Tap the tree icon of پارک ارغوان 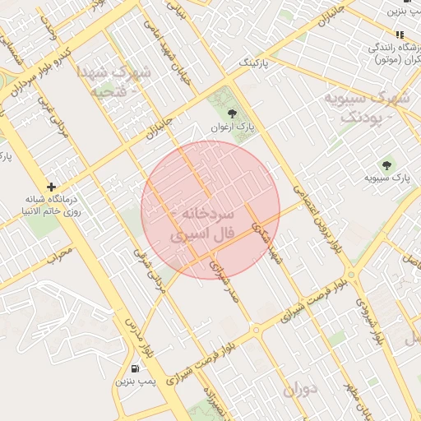[231, 114]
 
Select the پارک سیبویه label [389, 177]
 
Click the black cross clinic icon [52, 187]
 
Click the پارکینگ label [254, 62]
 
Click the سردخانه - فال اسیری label [201, 224]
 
